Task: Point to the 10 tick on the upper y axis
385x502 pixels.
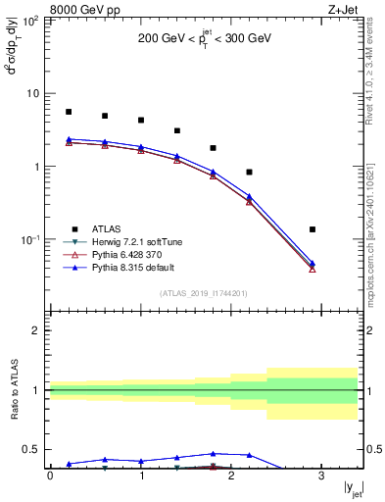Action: pos(32,93)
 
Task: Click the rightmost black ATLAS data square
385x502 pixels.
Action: pos(313,229)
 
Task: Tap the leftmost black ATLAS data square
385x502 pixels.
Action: pos(68,112)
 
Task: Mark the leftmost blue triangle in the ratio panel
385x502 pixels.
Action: pos(68,464)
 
